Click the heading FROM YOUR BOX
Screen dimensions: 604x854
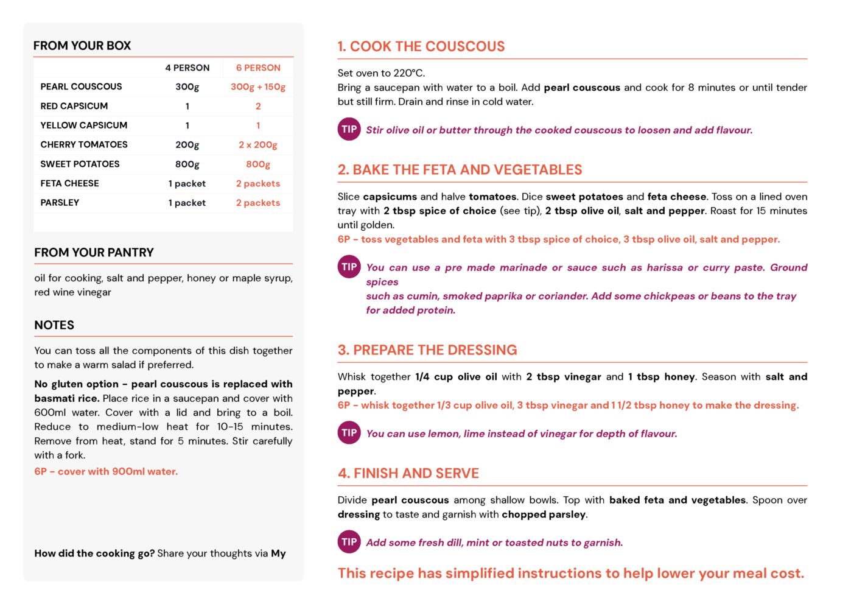[82, 46]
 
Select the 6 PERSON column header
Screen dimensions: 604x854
[258, 68]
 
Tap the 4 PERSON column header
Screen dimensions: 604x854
[187, 68]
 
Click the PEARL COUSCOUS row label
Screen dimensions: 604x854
[81, 86]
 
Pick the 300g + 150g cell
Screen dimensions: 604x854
[258, 86]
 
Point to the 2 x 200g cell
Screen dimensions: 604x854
[258, 145]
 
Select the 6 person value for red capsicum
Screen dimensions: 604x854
[258, 106]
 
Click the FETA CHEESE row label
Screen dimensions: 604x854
[69, 183]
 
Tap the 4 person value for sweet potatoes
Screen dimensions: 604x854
[187, 164]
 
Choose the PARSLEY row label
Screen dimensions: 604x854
[60, 203]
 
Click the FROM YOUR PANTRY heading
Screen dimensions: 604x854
[94, 253]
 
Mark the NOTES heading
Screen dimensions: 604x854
[54, 325]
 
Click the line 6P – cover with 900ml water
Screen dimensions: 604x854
[106, 471]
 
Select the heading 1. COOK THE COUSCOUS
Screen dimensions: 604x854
[421, 46]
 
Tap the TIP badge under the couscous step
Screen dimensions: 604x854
[349, 129]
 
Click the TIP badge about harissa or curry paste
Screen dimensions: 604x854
[349, 267]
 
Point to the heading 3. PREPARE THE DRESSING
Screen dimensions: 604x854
[427, 350]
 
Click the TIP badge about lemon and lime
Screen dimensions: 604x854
[349, 433]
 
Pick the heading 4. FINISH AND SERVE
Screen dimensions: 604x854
[408, 473]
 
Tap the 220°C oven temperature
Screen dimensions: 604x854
[408, 73]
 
